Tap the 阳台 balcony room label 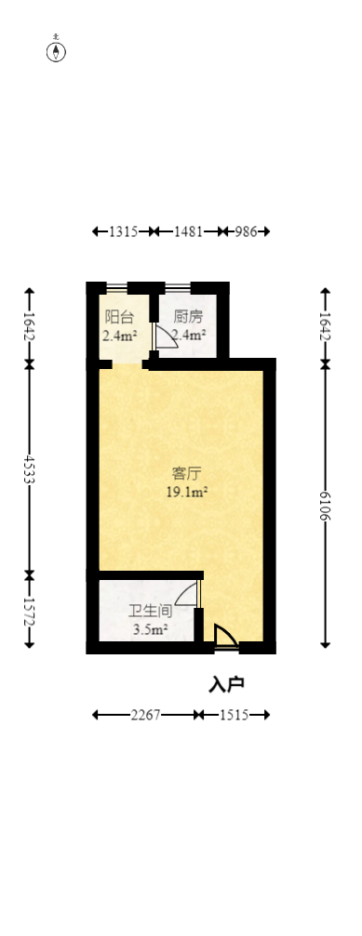(x=119, y=316)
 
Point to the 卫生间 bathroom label (x=149, y=612)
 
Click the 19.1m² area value (x=186, y=493)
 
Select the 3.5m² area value (x=150, y=630)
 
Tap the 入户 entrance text (x=226, y=684)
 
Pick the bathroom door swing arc (x=187, y=593)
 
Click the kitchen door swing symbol (x=165, y=336)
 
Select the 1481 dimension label (x=190, y=231)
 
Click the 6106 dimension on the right (x=325, y=504)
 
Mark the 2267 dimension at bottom (x=145, y=715)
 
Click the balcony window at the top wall (x=117, y=286)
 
